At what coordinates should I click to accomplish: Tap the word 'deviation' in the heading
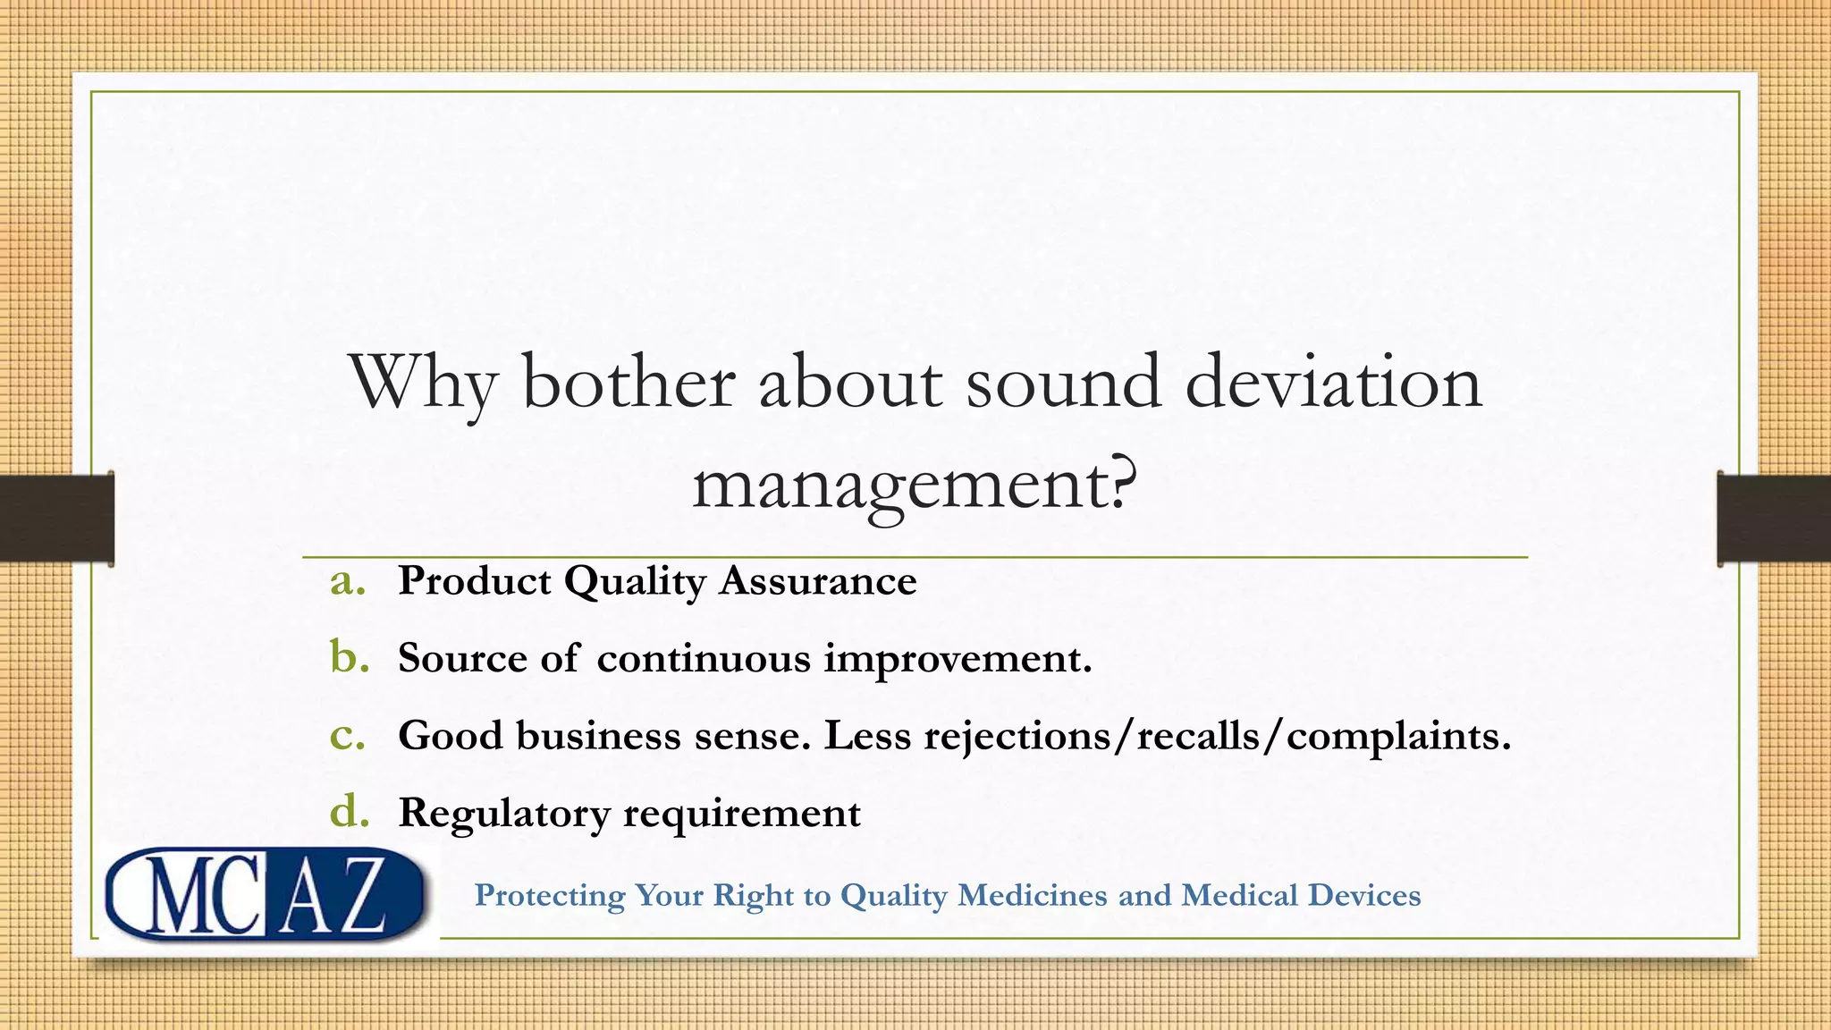click(1333, 383)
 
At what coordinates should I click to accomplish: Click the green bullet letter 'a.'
click(348, 581)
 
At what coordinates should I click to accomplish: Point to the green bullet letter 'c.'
click(347, 735)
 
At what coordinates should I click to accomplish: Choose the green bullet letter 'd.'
click(349, 812)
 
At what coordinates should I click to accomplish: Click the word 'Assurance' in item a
click(818, 581)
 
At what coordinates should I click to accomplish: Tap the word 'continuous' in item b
click(703, 659)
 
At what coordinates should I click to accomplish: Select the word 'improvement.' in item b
click(958, 659)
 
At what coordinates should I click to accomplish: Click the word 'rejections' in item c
click(1013, 736)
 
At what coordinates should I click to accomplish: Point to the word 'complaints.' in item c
click(1398, 736)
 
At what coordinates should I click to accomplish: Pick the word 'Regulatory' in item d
click(503, 814)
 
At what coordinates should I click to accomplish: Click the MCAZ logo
click(265, 894)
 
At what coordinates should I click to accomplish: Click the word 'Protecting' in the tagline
click(549, 896)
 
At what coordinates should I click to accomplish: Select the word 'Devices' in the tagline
click(1363, 895)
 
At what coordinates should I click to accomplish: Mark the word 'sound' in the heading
click(1063, 383)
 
